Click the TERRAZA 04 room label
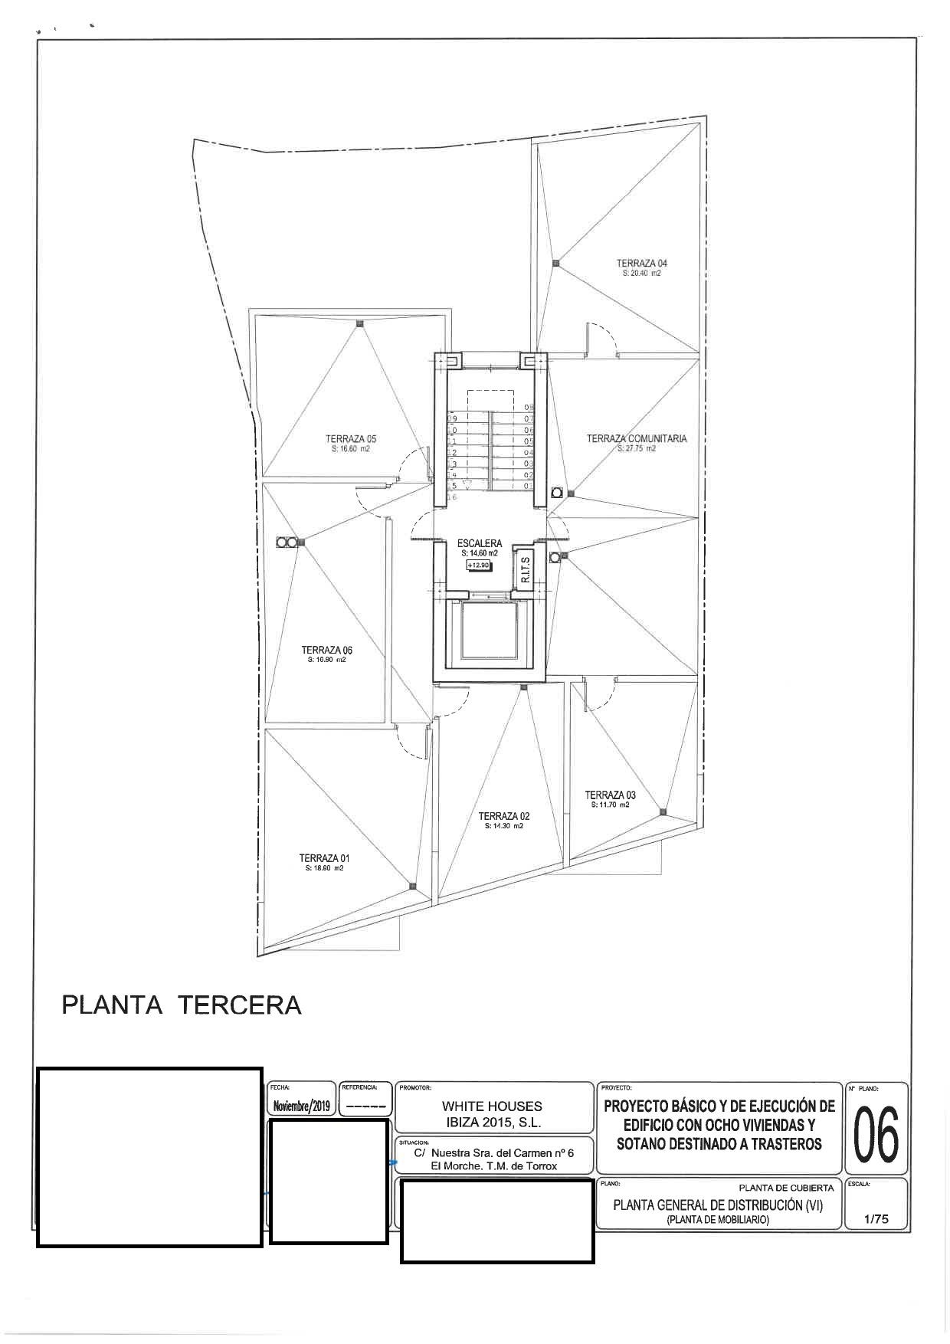[641, 263]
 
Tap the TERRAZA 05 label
[351, 439]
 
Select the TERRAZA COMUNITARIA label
[637, 439]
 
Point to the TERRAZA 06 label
[326, 650]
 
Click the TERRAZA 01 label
[324, 858]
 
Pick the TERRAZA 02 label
[503, 816]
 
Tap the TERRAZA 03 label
[610, 795]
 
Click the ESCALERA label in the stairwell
[480, 543]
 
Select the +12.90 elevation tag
[479, 565]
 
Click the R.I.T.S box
[526, 569]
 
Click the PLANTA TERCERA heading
[182, 1005]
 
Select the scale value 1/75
[876, 1219]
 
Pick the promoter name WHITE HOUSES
[492, 1106]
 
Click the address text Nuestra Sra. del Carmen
[502, 1152]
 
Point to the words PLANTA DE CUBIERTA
[786, 1188]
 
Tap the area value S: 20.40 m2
[641, 273]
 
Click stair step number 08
[529, 408]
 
